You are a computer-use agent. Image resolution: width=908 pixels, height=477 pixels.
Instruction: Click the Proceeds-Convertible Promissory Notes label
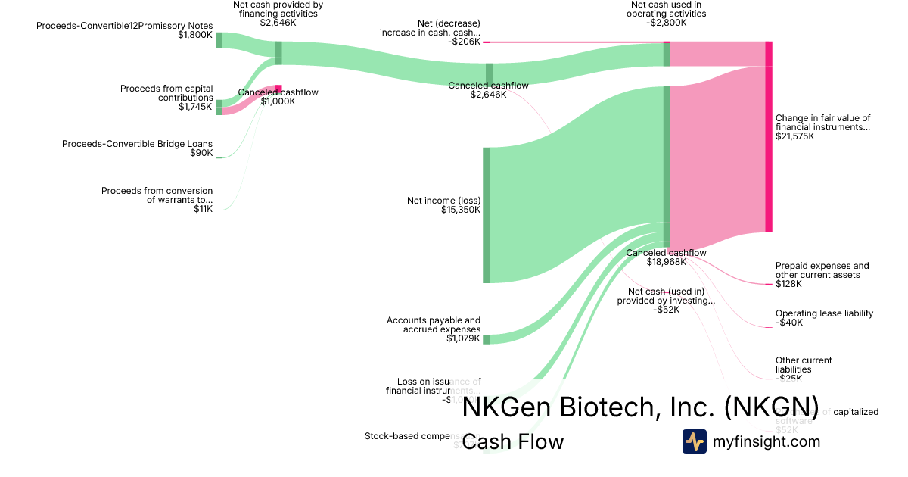click(124, 26)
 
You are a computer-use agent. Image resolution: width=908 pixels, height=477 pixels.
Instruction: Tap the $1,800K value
click(195, 35)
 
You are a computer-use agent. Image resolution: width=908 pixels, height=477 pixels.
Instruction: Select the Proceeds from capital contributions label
click(166, 93)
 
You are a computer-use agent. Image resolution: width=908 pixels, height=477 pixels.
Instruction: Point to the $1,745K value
click(195, 107)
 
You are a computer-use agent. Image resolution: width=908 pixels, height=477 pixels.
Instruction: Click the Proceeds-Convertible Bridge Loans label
click(137, 144)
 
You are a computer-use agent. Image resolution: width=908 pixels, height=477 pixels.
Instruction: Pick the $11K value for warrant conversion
click(203, 209)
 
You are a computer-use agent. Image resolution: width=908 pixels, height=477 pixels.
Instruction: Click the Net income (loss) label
click(443, 201)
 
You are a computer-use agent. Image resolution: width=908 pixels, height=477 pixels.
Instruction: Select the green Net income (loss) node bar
click(487, 215)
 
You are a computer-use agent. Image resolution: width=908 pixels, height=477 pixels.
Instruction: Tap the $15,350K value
click(461, 210)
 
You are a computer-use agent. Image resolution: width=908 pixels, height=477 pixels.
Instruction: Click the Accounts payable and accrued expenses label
click(434, 325)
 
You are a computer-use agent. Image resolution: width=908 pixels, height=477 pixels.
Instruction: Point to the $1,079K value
click(463, 338)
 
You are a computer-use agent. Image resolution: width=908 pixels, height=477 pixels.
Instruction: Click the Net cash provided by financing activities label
click(278, 9)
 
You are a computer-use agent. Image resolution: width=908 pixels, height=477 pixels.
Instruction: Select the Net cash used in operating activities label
click(667, 9)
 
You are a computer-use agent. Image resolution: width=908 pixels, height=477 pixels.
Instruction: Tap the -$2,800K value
click(667, 23)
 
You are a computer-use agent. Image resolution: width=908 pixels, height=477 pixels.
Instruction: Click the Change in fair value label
click(823, 123)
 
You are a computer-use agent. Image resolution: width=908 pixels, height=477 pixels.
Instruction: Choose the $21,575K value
click(795, 137)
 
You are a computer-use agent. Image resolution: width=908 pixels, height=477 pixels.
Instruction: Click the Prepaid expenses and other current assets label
click(822, 270)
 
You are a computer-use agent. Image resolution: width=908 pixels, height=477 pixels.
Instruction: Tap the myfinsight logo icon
click(695, 441)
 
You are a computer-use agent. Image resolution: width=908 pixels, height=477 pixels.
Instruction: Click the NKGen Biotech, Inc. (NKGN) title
click(640, 407)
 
